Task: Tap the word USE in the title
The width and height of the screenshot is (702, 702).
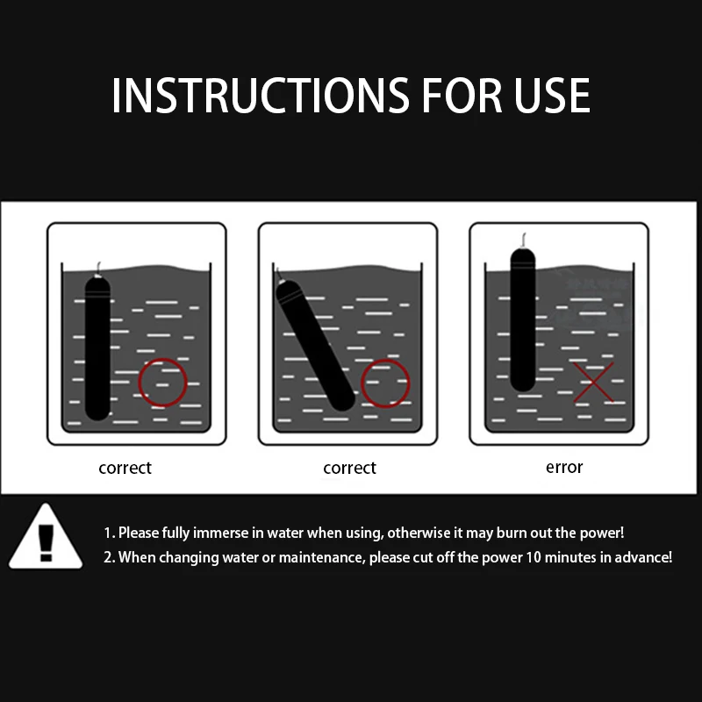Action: tap(552, 96)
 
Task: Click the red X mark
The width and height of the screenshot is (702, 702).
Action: tap(594, 382)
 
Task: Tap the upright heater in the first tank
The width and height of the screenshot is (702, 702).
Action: tap(97, 348)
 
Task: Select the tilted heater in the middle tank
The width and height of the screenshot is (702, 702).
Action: tap(315, 345)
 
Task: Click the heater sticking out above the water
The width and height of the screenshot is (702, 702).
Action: tap(522, 319)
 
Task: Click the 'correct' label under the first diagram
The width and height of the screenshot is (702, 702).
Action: tap(125, 469)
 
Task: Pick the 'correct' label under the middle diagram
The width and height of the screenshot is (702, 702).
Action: tap(349, 469)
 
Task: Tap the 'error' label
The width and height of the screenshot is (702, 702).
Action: tap(564, 468)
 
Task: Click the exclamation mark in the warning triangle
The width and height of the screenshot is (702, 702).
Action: tap(46, 542)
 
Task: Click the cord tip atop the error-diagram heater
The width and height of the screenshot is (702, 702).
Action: tap(524, 233)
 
